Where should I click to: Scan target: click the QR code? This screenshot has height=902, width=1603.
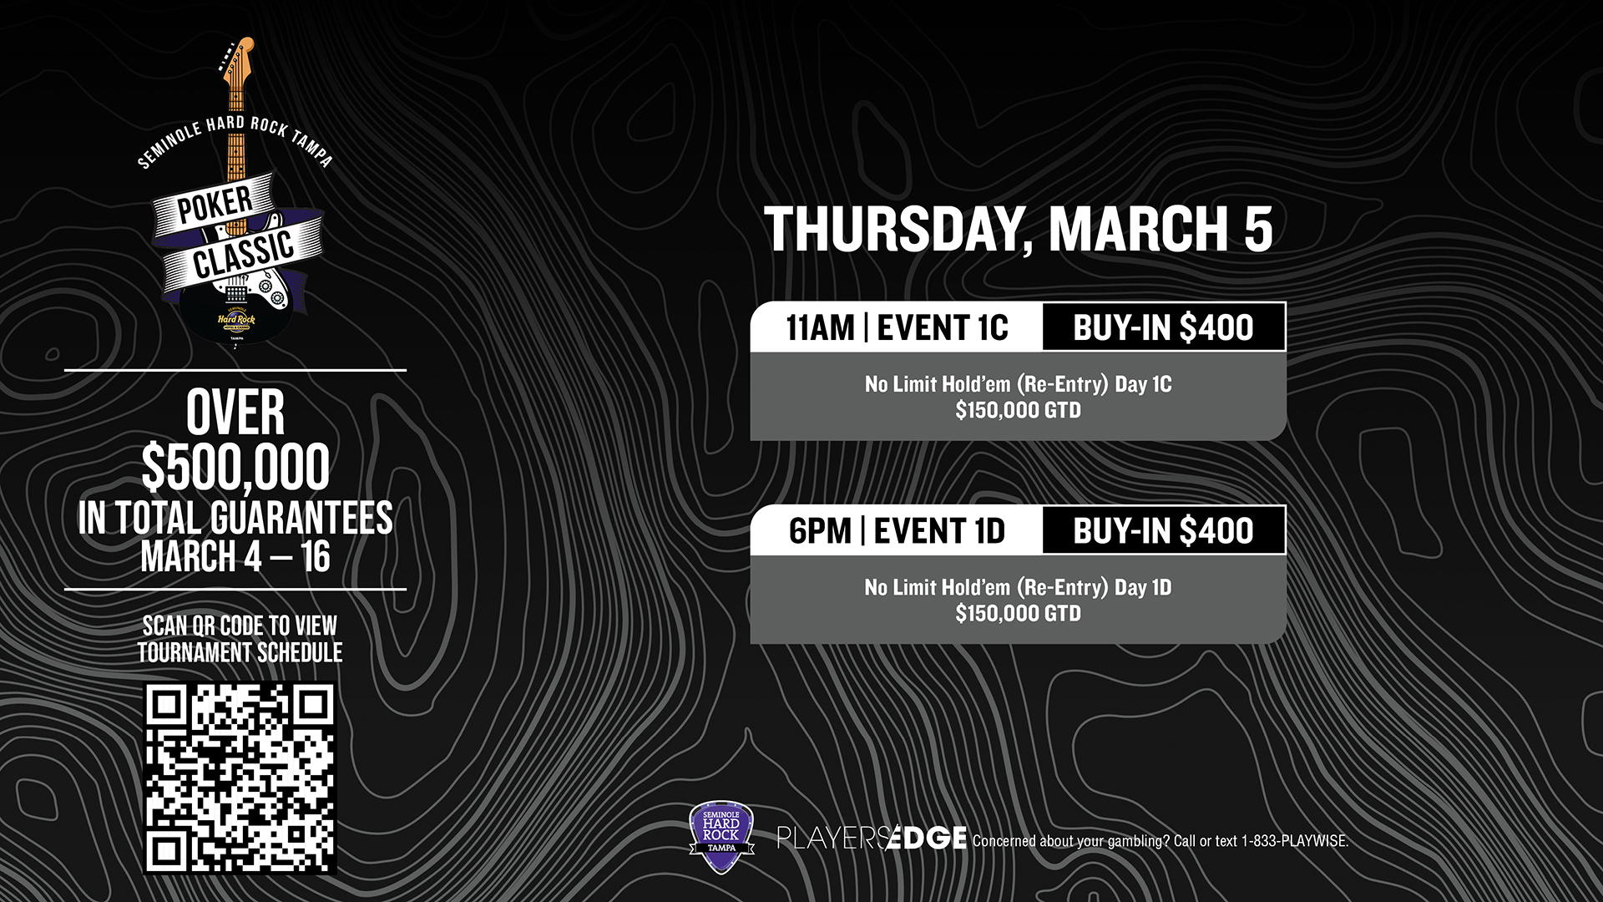point(240,778)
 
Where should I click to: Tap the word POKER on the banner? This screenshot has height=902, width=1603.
point(215,204)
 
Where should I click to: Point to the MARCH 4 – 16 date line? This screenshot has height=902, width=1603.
point(235,557)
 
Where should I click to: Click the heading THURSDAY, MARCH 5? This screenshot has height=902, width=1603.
point(1018,229)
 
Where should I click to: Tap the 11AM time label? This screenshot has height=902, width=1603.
point(820,327)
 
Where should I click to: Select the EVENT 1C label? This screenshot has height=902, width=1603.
point(943,327)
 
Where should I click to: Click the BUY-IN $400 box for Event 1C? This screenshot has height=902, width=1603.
point(1164,327)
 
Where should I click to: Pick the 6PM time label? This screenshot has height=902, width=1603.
point(820,531)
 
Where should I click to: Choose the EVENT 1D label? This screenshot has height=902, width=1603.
point(939,531)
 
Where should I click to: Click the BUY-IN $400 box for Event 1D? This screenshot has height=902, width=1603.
point(1164,530)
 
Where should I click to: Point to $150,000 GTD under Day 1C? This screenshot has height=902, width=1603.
point(1018,410)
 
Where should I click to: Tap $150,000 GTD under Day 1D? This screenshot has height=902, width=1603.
point(1018,613)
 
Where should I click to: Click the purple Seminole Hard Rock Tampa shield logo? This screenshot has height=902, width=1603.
point(721,837)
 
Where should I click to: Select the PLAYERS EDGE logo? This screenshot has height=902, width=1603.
point(872,837)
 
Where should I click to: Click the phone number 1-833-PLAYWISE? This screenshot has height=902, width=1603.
point(1295,841)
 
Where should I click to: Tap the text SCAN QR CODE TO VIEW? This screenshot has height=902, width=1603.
point(240,626)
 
